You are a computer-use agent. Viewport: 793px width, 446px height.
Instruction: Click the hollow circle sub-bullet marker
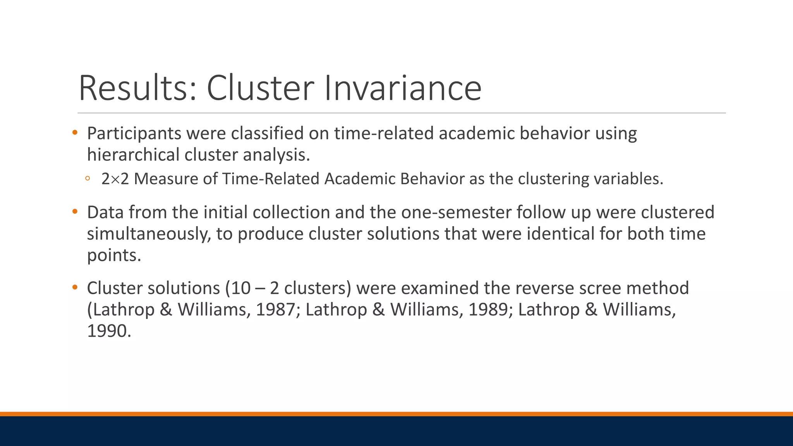click(88, 178)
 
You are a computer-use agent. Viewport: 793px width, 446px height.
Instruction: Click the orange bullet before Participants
click(75, 133)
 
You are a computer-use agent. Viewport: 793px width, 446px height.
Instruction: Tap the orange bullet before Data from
click(75, 212)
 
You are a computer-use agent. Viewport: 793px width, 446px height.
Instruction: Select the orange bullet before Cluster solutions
click(75, 288)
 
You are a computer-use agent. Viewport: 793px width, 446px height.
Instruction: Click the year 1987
click(275, 310)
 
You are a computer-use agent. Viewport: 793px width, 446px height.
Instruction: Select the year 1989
click(488, 310)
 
